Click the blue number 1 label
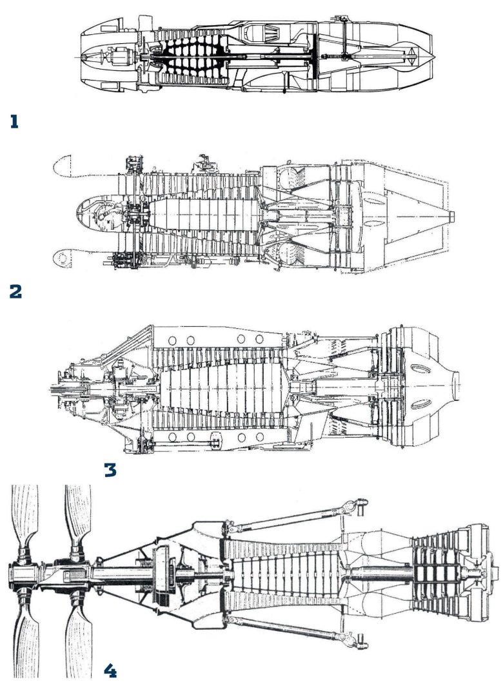(x=14, y=122)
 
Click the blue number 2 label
(x=15, y=291)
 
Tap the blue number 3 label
(x=110, y=470)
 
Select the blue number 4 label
(x=110, y=670)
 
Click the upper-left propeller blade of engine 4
(x=24, y=518)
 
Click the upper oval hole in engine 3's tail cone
(x=420, y=369)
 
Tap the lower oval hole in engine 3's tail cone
(x=420, y=405)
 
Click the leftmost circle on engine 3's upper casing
(x=172, y=340)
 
